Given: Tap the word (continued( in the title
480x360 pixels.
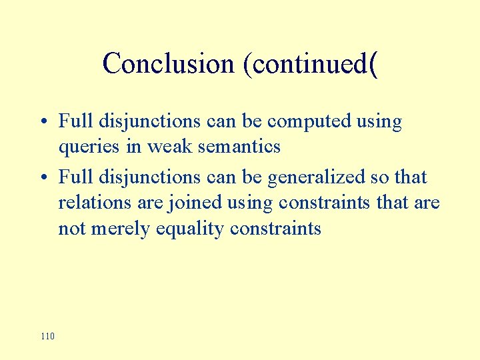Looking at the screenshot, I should point(311,64).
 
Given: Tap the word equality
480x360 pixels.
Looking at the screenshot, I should point(192,229).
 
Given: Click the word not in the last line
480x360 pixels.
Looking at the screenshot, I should point(71,229).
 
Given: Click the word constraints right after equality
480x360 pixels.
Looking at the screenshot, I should point(275,229).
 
